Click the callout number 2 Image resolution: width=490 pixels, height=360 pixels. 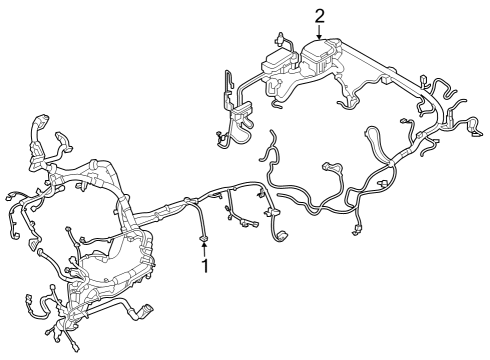[320, 15]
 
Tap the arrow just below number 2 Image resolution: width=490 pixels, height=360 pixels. [320, 33]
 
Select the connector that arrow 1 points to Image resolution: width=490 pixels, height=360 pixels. [205, 236]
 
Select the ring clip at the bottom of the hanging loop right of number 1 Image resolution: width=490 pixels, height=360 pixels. [279, 236]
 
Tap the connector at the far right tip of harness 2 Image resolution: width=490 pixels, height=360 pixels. [472, 126]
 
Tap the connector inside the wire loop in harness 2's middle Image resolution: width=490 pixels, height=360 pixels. [385, 183]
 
